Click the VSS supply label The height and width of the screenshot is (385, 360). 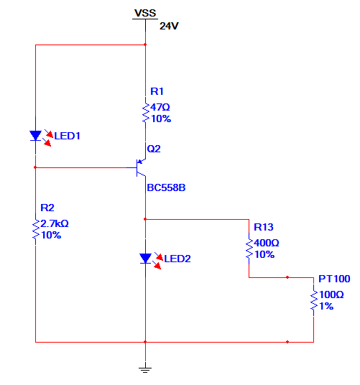pyautogui.click(x=145, y=13)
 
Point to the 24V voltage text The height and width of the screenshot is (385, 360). pyautogui.click(x=169, y=26)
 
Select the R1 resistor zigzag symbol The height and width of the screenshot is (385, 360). pyautogui.click(x=145, y=113)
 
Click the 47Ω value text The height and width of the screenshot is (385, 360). pyautogui.click(x=160, y=107)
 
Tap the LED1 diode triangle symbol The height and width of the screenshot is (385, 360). pyautogui.click(x=35, y=136)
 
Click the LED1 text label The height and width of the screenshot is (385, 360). pyautogui.click(x=67, y=136)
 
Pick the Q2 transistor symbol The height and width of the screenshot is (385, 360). pyautogui.click(x=139, y=167)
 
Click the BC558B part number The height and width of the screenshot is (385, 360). pyautogui.click(x=166, y=188)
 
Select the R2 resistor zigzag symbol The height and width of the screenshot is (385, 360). pyautogui.click(x=36, y=229)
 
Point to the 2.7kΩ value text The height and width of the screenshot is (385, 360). pyautogui.click(x=55, y=223)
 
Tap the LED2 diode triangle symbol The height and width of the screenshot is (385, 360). pyautogui.click(x=145, y=259)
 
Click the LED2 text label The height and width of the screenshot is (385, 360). pyautogui.click(x=177, y=259)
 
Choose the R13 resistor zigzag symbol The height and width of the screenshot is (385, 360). pyautogui.click(x=249, y=249)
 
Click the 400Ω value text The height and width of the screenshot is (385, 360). pyautogui.click(x=267, y=243)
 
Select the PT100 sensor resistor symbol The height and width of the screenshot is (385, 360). pyautogui.click(x=313, y=300)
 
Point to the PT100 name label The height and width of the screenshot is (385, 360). pyautogui.click(x=334, y=279)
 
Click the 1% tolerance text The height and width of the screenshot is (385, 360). pyautogui.click(x=326, y=306)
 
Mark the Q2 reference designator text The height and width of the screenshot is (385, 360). pyautogui.click(x=154, y=149)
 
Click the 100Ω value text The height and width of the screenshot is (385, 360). pyautogui.click(x=331, y=294)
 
